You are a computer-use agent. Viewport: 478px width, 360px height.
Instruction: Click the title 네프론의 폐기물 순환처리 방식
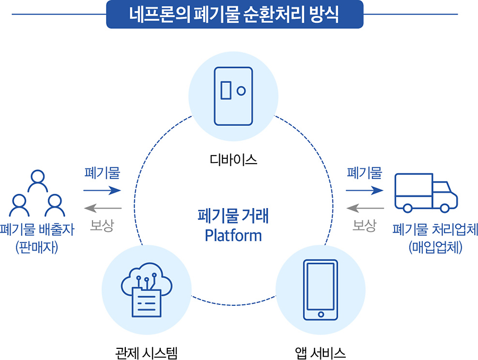(234, 14)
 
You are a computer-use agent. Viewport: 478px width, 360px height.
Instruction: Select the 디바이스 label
(234, 159)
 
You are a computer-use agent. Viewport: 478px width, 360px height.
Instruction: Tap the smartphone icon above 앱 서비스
(320, 289)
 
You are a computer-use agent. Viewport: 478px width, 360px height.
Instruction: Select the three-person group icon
(37, 193)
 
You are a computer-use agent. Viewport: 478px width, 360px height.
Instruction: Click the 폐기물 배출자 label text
(37, 229)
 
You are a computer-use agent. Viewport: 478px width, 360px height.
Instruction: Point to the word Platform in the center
(234, 235)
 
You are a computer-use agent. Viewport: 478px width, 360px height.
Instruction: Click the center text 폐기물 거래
(234, 217)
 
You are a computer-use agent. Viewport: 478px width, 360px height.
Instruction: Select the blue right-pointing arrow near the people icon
(102, 190)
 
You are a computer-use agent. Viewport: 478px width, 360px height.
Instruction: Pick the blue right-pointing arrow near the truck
(364, 190)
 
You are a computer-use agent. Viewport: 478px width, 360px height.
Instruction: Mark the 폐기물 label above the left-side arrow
(102, 173)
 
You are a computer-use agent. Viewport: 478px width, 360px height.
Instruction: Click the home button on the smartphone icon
(320, 314)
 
